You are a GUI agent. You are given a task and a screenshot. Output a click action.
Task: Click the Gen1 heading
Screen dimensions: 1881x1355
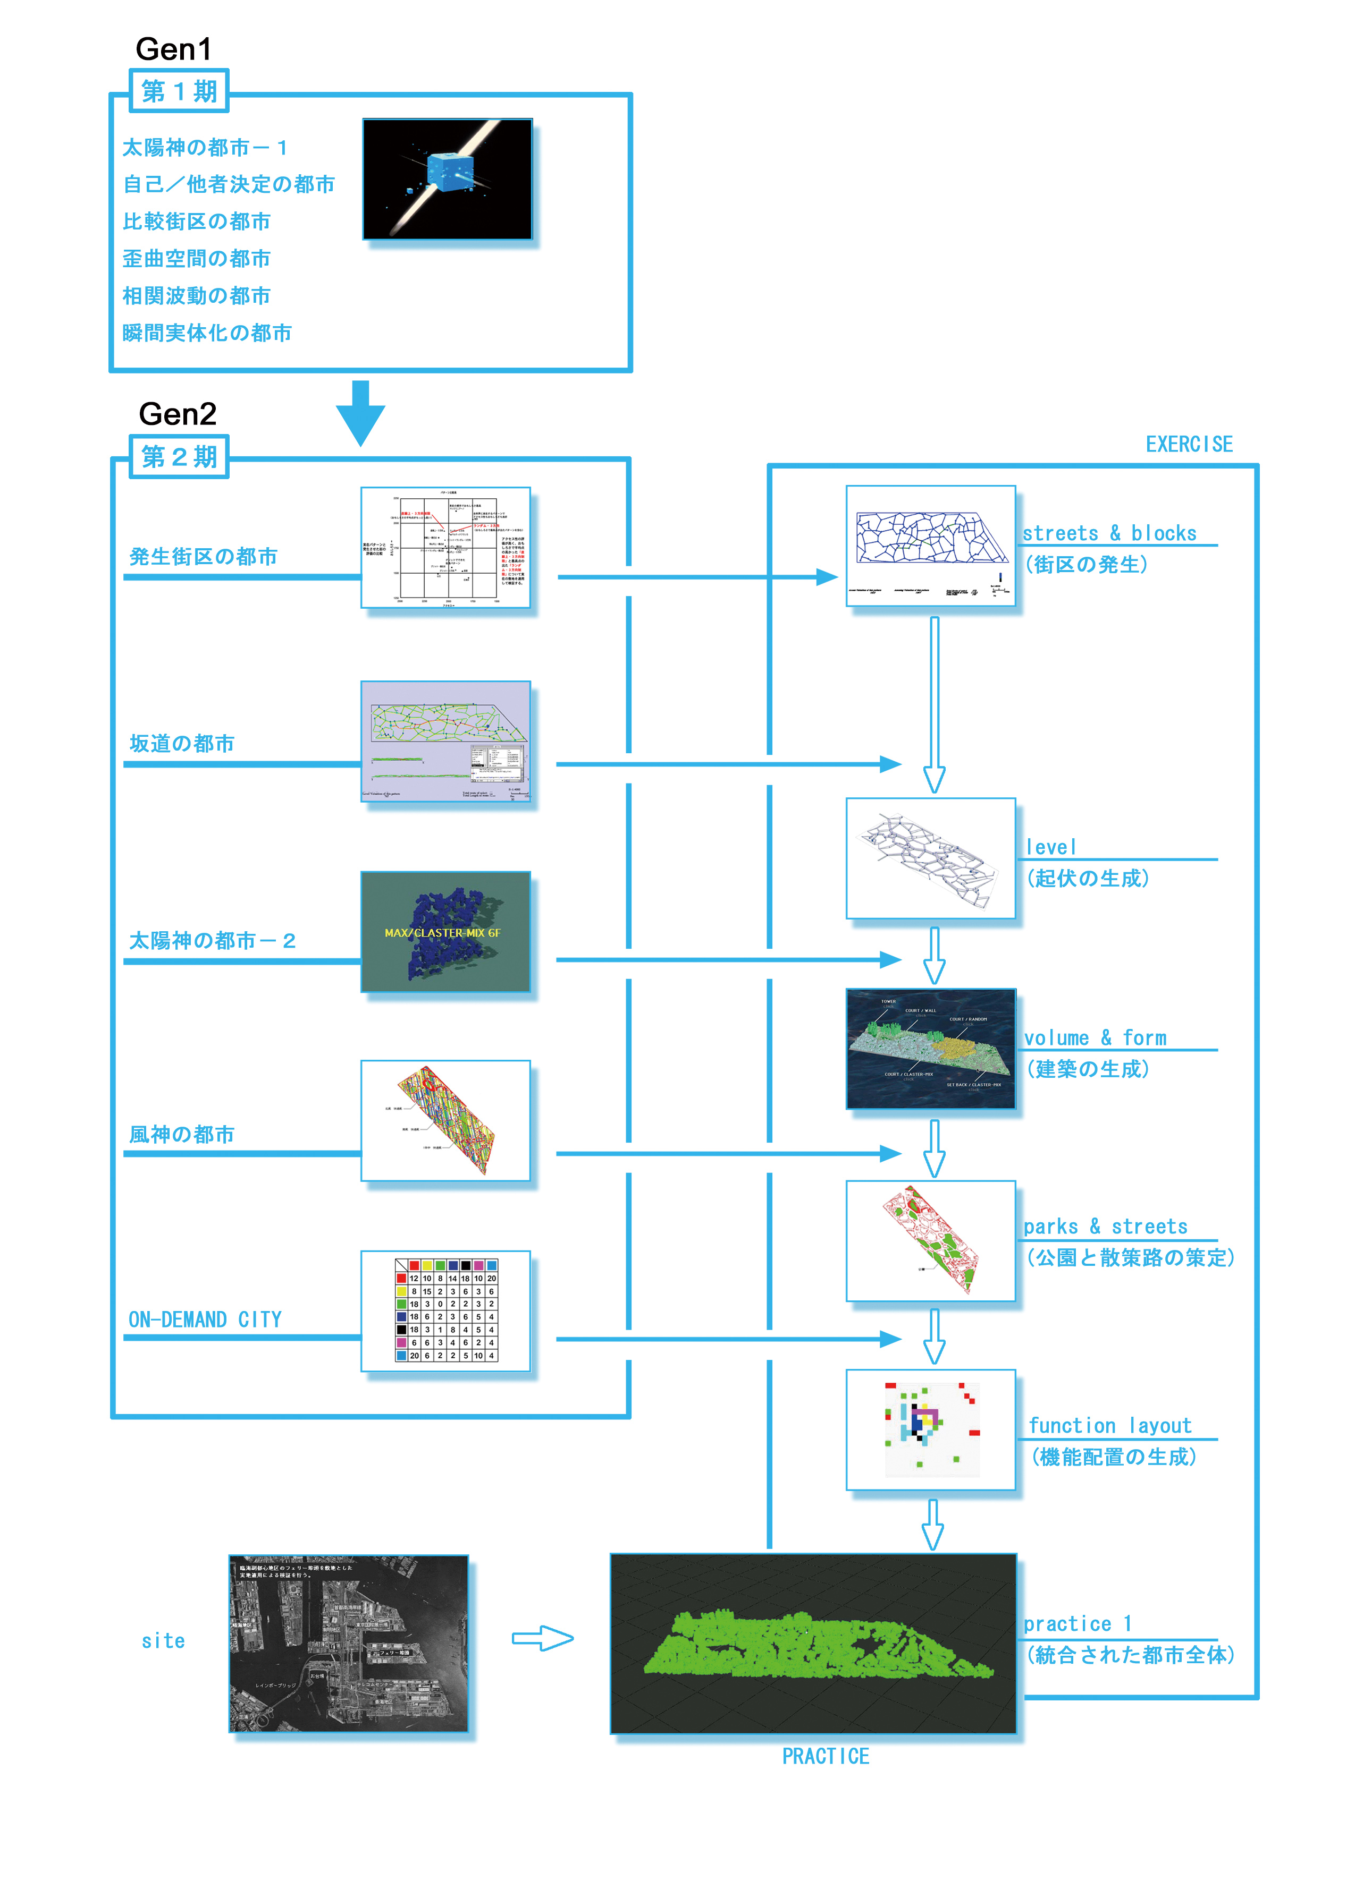173,50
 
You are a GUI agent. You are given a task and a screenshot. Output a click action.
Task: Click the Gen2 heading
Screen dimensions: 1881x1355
178,414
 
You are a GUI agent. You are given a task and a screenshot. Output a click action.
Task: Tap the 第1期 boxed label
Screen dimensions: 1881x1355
179,91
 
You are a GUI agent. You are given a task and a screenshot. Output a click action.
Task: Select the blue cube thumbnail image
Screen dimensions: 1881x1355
447,179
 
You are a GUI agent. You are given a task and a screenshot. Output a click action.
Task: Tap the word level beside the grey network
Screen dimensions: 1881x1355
1050,847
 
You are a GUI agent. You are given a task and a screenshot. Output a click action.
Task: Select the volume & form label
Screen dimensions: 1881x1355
1095,1037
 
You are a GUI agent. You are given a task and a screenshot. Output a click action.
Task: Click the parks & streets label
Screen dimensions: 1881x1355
1105,1227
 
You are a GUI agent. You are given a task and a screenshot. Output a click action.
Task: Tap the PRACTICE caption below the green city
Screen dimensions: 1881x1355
826,1756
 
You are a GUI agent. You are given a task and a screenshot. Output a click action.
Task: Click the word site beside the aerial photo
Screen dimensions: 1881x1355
164,1640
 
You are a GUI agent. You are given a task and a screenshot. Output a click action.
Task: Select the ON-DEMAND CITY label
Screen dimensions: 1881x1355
205,1320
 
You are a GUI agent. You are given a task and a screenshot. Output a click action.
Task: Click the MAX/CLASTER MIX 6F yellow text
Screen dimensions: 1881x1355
442,933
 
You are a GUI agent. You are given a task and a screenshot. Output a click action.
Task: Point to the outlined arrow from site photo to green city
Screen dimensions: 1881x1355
542,1638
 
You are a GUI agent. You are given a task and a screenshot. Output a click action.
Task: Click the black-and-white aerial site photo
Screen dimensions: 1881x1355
349,1644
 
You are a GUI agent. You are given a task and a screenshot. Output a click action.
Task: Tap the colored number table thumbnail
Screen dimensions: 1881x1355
445,1311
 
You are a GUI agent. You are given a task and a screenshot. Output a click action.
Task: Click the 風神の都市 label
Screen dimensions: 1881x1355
182,1135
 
